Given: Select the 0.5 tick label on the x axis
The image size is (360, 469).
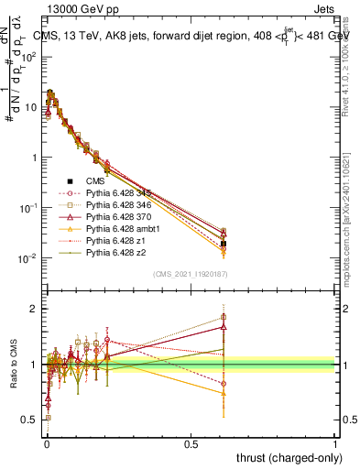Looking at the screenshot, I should click(x=191, y=443).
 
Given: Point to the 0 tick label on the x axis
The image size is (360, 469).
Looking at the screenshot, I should click(x=46, y=443).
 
